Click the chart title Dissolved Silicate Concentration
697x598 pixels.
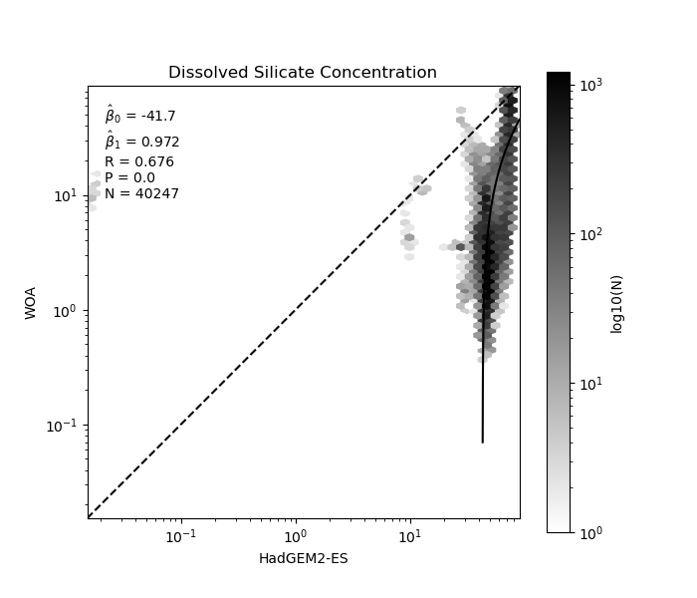tap(303, 73)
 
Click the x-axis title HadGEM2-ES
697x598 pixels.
tap(303, 558)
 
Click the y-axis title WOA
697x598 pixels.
tap(31, 302)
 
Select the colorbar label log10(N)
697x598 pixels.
tap(616, 302)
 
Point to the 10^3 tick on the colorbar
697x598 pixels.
tap(590, 86)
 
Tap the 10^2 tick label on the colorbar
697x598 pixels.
tap(590, 235)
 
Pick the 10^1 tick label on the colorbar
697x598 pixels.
tap(590, 384)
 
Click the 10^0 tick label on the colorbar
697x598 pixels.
tap(590, 533)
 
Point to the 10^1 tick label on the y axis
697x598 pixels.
tap(67, 195)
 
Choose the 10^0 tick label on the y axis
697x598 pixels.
tap(67, 311)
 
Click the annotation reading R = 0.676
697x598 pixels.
tap(139, 161)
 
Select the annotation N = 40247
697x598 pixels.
tap(141, 193)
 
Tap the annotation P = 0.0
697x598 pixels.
tap(129, 177)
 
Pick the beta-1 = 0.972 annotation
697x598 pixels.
tap(141, 142)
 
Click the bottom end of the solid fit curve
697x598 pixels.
tap(482, 442)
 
